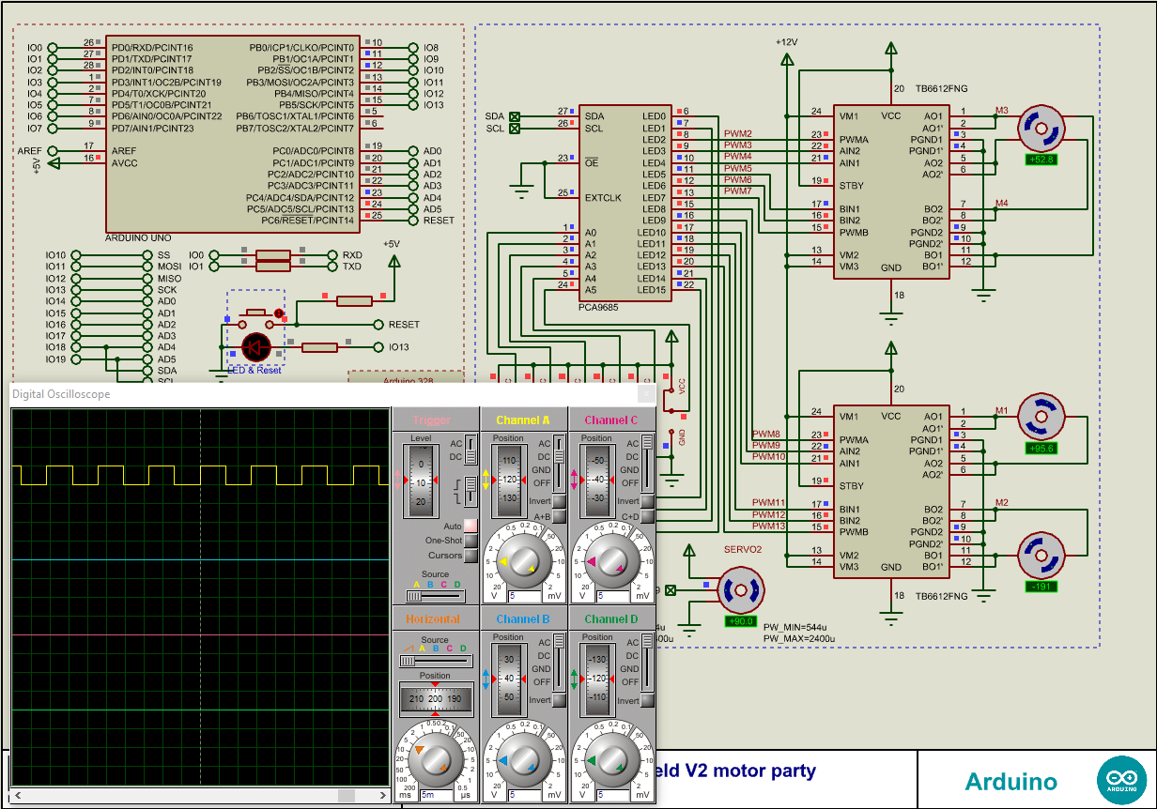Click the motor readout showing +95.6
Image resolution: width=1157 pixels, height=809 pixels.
(x=1041, y=449)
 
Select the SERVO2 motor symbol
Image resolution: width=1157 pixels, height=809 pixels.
(x=742, y=590)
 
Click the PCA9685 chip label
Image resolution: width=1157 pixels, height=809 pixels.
(x=598, y=307)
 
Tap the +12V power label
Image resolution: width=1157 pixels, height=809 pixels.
(x=786, y=42)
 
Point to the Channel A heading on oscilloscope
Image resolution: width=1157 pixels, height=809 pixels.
(x=523, y=420)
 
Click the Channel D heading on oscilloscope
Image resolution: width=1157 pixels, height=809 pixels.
(x=610, y=619)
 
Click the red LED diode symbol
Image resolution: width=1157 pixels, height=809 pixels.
(x=255, y=347)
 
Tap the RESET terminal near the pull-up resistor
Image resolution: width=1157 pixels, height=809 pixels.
(x=404, y=325)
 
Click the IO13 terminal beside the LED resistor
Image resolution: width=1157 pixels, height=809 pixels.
(x=399, y=347)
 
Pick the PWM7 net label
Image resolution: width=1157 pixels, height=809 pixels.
(x=738, y=191)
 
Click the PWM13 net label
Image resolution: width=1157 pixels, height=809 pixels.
(x=768, y=526)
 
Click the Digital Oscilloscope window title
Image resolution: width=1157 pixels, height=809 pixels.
(x=61, y=394)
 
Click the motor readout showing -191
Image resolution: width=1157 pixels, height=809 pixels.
(x=1041, y=588)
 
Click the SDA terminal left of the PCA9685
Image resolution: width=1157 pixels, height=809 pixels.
(x=495, y=116)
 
